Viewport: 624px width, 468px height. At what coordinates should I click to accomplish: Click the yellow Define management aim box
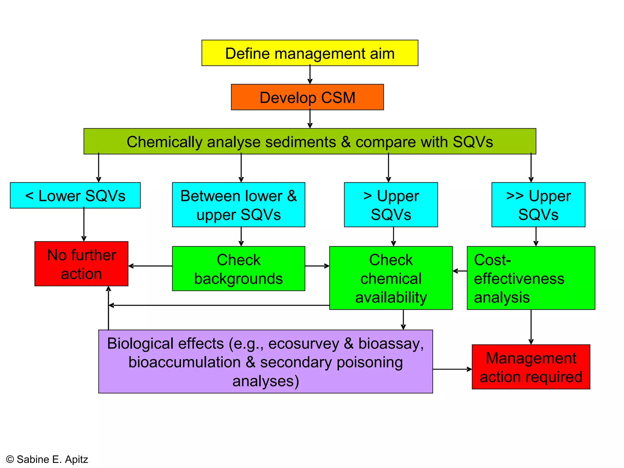click(x=310, y=53)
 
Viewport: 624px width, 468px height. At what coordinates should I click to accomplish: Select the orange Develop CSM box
click(x=307, y=97)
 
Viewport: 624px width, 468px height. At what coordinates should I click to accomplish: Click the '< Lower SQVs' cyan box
click(x=75, y=196)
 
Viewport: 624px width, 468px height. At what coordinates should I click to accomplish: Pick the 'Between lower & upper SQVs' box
click(x=238, y=205)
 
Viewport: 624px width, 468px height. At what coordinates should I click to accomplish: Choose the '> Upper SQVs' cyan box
click(x=391, y=205)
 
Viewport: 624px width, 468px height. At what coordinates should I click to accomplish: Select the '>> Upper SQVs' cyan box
click(x=538, y=205)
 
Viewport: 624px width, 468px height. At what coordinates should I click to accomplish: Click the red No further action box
click(x=81, y=264)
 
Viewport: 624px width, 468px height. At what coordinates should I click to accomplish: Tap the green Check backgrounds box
click(x=238, y=269)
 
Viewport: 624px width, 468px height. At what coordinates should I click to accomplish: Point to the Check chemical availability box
click(x=391, y=278)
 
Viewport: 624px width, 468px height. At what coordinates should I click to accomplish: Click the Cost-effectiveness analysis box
click(x=531, y=278)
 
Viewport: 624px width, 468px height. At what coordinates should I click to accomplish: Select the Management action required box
click(x=531, y=367)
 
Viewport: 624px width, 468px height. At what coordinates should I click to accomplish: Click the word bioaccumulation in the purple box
click(x=184, y=362)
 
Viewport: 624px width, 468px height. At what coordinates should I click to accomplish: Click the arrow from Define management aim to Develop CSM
click(x=310, y=75)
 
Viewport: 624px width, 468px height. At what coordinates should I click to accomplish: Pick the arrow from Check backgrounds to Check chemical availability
click(x=317, y=266)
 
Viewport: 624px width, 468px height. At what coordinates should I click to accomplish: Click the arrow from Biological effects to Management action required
click(x=452, y=369)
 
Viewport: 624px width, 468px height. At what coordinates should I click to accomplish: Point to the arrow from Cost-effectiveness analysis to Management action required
click(x=531, y=327)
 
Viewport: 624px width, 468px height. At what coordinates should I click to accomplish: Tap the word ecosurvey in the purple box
click(x=303, y=344)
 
